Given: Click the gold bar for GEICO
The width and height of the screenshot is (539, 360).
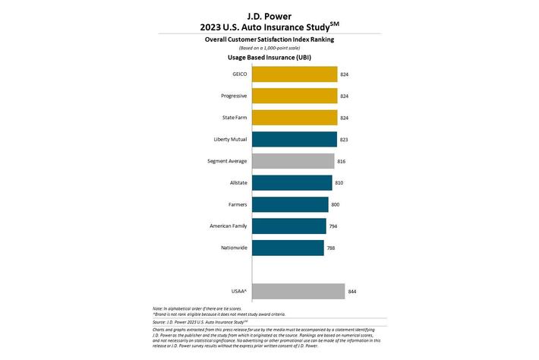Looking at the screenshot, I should [x=294, y=74].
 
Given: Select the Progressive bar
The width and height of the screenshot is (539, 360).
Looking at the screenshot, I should [x=294, y=96].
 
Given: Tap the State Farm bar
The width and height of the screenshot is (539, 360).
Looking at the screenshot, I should [x=294, y=118].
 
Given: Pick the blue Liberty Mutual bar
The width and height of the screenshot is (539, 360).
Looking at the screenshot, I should [x=294, y=139].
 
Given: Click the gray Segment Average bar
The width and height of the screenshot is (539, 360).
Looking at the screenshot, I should [x=292, y=161].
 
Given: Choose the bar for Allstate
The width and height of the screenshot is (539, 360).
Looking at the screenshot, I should [x=291, y=182].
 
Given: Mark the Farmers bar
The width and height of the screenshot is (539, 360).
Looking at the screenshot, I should [x=289, y=204].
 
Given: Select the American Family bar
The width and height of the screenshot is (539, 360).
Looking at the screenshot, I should [x=288, y=226].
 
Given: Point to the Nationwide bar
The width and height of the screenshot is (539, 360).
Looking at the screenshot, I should [x=287, y=248].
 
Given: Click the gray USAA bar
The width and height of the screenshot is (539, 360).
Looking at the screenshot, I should [x=298, y=292].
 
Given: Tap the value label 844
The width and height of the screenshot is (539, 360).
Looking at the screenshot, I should [x=352, y=292].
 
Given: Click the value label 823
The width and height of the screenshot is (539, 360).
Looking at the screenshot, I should [x=345, y=139].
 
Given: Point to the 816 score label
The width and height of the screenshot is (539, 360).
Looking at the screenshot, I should [x=342, y=161].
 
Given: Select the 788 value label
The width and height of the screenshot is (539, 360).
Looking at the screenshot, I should [x=331, y=248].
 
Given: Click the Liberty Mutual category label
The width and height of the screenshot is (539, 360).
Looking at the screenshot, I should [x=226, y=139].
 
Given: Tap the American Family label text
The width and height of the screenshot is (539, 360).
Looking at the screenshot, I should [x=225, y=226].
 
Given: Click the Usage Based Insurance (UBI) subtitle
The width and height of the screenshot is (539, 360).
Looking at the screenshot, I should [x=269, y=57].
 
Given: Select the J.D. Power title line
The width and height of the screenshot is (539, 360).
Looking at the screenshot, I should [x=269, y=14].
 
